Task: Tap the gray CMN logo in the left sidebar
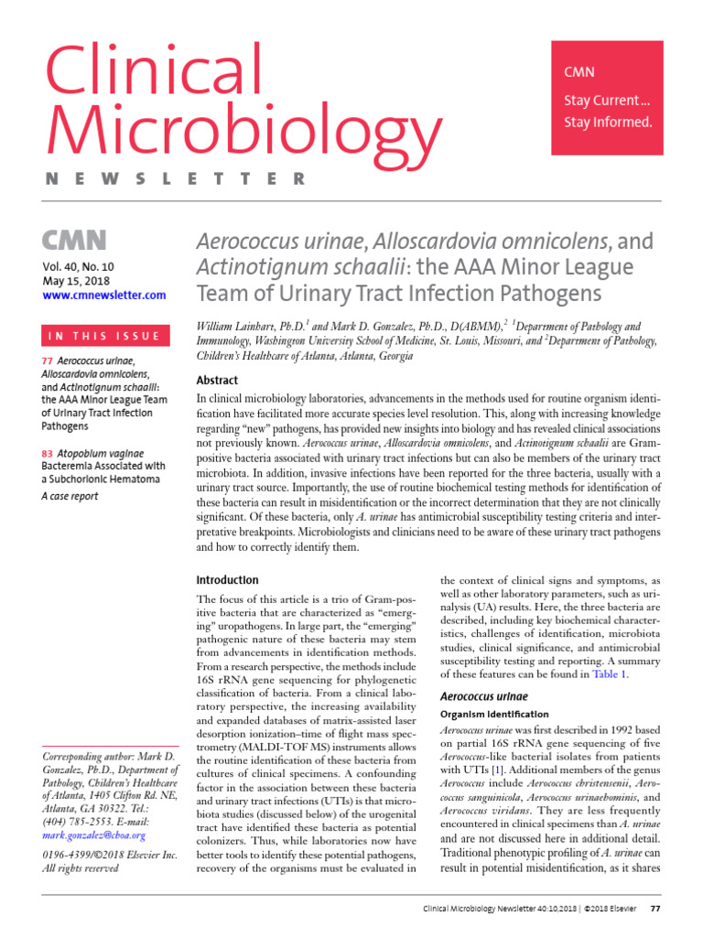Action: coord(74,241)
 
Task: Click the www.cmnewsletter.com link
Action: coord(103,295)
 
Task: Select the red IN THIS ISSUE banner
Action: coord(103,336)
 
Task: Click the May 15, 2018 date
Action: coord(76,280)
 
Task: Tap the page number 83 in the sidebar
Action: coord(47,452)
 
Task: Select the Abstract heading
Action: coord(217,381)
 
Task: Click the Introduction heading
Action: coord(228,580)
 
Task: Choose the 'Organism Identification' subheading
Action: coord(494,714)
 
